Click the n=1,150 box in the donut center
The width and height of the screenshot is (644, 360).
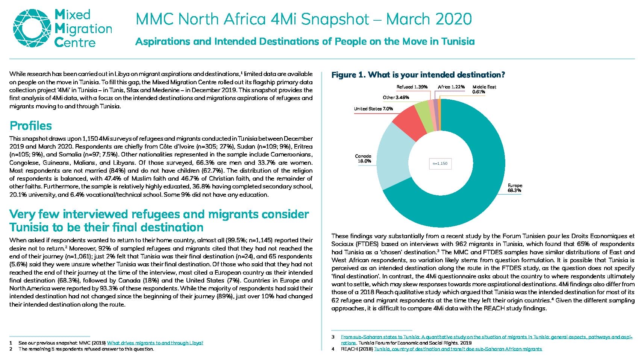coord(440,164)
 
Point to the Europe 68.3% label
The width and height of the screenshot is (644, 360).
coord(515,188)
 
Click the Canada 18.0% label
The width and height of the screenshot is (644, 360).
coord(363,159)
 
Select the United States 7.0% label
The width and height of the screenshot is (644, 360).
coord(373,109)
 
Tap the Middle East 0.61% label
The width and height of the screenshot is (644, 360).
coord(484,89)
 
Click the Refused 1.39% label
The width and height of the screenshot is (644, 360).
coord(412,87)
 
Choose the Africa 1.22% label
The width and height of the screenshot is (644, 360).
coord(451,87)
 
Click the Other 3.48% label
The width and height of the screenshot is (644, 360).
coord(396,97)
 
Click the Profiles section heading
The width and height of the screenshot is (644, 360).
coord(31,126)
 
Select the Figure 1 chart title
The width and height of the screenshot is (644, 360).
coord(418,75)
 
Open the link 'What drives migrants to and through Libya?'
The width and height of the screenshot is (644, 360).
coord(155,343)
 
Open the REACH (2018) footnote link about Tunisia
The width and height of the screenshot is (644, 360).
coord(458,349)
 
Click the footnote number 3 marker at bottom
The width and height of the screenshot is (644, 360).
coord(333,337)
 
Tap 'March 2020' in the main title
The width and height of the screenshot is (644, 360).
coord(429,19)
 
